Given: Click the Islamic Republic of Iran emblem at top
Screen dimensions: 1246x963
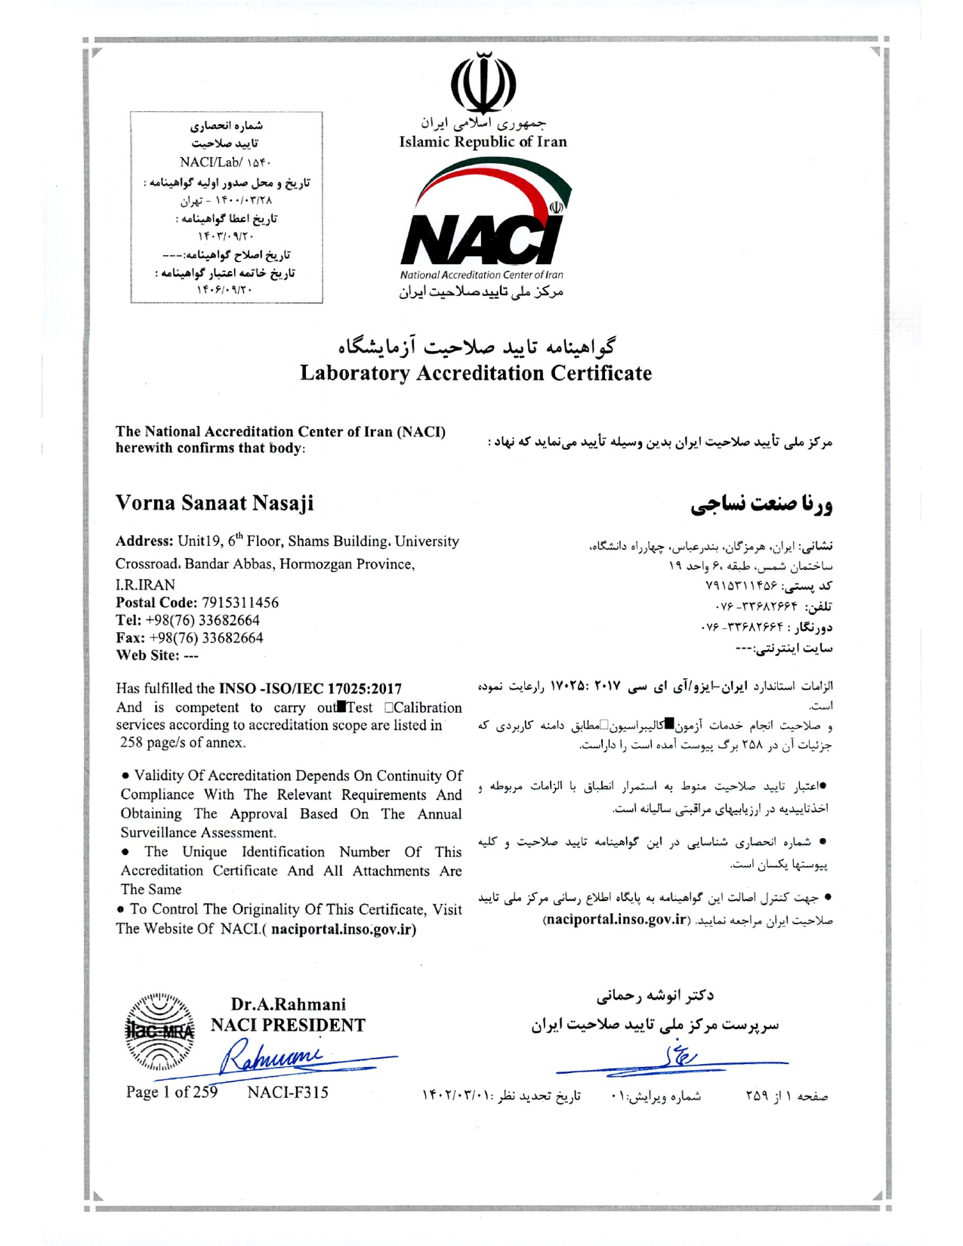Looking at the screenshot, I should pos(483,82).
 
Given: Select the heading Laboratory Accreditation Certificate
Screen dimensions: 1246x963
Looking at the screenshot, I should pos(475,373).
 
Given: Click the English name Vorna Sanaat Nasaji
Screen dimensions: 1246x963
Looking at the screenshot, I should pos(215,503).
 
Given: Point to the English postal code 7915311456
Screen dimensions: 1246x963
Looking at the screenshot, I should pos(239,603).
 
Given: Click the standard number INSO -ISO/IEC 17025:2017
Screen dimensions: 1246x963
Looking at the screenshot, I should pos(310,689).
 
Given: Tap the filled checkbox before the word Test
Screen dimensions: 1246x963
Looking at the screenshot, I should pos(341,708).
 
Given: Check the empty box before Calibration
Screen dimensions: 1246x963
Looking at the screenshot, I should pos(388,708).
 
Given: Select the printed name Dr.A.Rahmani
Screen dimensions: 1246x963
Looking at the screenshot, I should pos(288,1004).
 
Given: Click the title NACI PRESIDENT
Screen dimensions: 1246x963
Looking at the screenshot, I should pos(288,1025).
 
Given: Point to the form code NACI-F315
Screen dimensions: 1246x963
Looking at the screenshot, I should pos(288,1092).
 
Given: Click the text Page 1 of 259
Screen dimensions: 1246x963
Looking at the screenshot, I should pos(171,1092).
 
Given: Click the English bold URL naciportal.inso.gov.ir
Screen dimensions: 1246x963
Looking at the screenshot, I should pos(343,929).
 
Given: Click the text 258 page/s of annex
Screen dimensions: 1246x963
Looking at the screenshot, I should pos(184,742).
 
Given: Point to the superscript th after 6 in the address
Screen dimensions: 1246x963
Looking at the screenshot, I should pos(240,536).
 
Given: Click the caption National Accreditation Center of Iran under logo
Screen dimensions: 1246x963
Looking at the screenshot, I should pos(481,275).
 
